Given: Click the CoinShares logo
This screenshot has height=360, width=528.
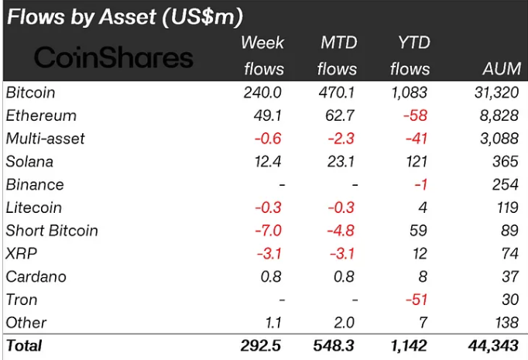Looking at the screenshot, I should [114, 57].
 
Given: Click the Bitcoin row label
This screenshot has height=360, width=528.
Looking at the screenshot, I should [30, 93].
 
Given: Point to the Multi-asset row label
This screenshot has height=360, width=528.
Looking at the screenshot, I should [45, 139].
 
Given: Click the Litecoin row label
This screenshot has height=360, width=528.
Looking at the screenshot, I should [33, 207].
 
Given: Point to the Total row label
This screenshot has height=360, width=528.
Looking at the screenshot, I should [24, 345].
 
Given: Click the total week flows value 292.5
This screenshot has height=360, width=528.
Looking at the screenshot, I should [263, 345].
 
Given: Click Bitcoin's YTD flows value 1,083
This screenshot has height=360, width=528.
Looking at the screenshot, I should [410, 93].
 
